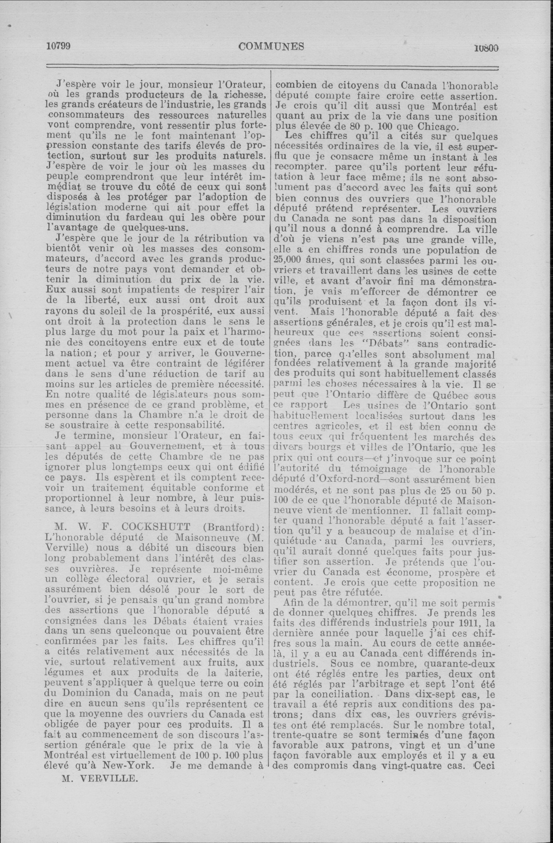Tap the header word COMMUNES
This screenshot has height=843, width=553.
point(271,47)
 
